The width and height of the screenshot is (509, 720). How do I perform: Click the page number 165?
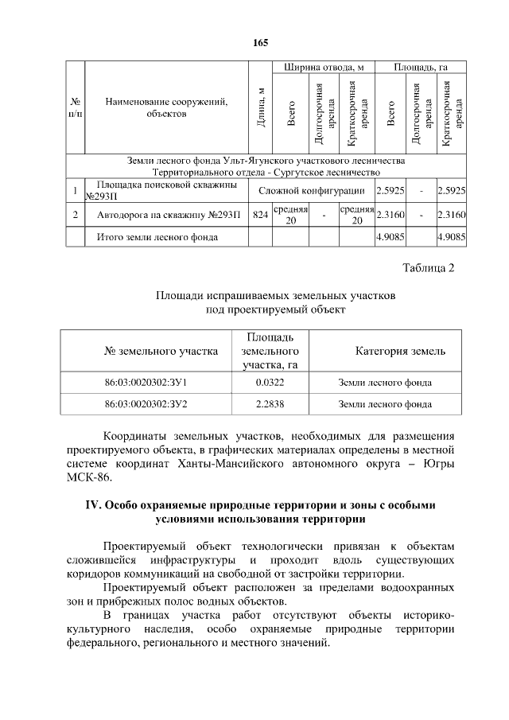point(261,42)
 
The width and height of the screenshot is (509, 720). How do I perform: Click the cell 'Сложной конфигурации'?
point(312,191)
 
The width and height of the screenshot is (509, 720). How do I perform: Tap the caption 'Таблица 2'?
point(428,267)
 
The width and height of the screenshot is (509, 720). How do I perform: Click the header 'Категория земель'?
point(400,351)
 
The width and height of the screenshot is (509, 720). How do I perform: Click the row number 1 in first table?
point(74,191)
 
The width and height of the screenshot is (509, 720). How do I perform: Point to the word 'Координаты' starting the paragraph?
point(136,437)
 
